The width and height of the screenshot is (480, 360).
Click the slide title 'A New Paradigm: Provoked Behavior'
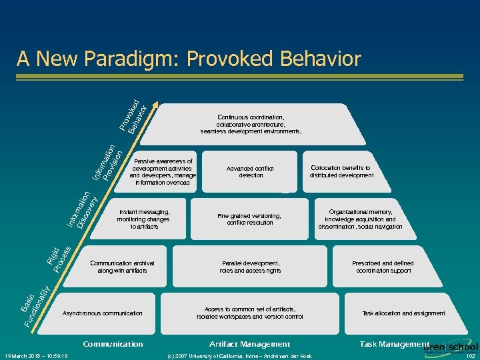pos(189,59)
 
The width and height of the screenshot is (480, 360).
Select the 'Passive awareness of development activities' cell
pos(163,172)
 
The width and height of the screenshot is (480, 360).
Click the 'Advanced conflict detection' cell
pos(251,172)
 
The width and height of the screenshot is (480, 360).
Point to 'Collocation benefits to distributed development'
pos(341,172)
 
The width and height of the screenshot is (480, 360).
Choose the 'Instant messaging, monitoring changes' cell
pos(144,219)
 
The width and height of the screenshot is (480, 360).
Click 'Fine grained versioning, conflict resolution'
pos(250,219)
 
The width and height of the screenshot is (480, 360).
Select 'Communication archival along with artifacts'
pos(122,267)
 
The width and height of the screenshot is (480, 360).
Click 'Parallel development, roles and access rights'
pos(251,267)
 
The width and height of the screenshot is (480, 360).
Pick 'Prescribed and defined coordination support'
pos(383,267)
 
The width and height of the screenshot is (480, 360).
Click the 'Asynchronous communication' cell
pos(102,313)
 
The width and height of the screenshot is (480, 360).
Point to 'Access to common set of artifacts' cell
pos(251,313)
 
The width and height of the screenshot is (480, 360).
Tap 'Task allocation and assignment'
pos(403,313)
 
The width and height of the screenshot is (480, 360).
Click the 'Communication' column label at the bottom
pos(113,344)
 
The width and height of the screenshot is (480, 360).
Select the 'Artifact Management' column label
pos(250,344)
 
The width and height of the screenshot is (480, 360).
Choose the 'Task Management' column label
pos(394,343)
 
